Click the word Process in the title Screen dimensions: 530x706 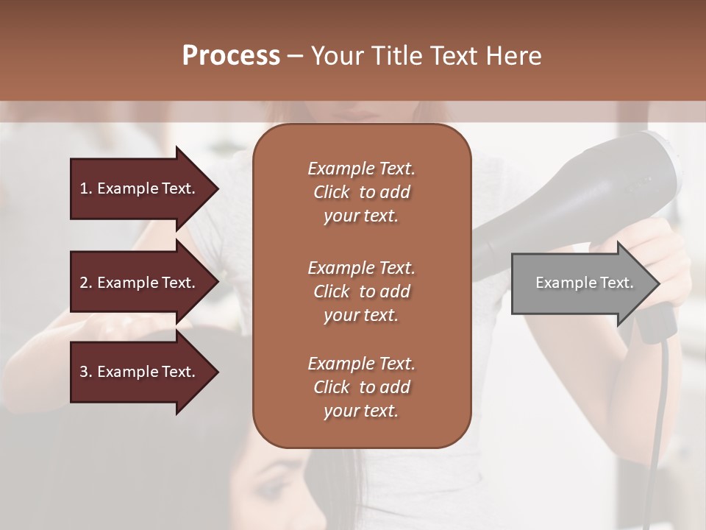tap(231, 56)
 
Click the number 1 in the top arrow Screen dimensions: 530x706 tap(84, 188)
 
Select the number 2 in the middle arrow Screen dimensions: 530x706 tap(84, 283)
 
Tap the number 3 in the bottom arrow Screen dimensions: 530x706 tap(84, 372)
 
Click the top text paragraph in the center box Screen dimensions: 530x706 tap(361, 192)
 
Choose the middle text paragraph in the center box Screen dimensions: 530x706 tap(361, 291)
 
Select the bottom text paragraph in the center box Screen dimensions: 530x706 tap(361, 387)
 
